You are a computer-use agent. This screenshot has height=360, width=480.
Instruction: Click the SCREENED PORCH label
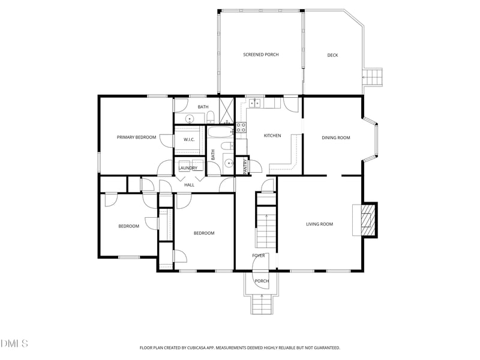coord(261,55)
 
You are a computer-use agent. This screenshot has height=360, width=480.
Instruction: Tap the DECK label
coord(332,55)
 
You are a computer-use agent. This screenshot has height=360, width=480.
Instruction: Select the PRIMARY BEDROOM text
coord(137,137)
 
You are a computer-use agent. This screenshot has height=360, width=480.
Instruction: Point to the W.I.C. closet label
coord(189,140)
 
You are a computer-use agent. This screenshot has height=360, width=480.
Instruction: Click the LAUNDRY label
coord(188,168)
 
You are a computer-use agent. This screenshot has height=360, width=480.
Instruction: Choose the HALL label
coord(189,185)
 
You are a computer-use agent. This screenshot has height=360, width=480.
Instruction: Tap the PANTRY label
coord(245,167)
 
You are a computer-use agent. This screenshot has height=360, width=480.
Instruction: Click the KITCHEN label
coord(272,136)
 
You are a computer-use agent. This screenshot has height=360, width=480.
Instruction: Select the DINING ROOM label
coord(336,138)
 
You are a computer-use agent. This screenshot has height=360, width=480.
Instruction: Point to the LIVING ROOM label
coord(320,224)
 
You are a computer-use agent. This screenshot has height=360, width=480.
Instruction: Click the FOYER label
coord(259,256)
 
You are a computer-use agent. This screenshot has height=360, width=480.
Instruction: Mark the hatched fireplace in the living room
coord(367,220)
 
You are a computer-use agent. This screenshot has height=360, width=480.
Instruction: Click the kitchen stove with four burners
coord(241,128)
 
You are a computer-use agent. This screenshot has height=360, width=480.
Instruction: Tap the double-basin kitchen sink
coord(255,103)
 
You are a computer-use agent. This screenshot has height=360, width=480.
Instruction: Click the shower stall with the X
coord(227,110)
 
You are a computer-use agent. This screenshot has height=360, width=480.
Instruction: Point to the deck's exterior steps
coord(373,77)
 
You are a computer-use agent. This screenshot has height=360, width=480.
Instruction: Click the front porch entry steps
coord(262,304)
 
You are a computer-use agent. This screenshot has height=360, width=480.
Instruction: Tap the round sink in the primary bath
coord(190,119)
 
